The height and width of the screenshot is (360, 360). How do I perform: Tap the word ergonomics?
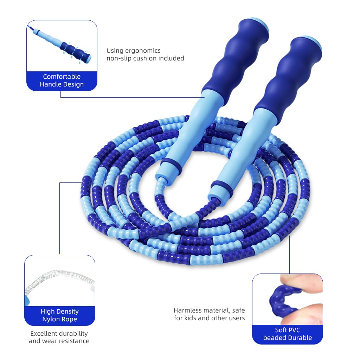point(144,51)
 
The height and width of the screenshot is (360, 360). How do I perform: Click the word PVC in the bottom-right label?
point(293,330)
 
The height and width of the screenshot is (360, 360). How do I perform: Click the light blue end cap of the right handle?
point(313,41)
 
